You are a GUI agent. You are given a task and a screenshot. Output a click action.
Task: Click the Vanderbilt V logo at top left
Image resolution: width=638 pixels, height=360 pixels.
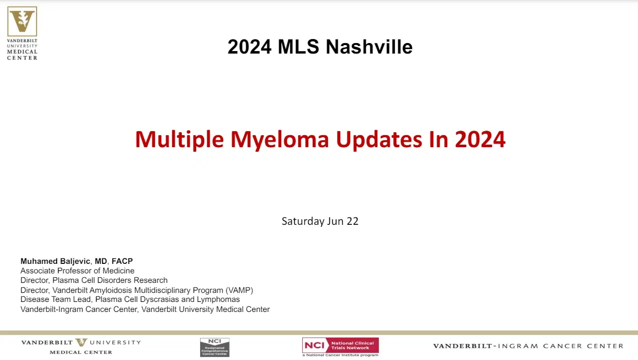pyautogui.click(x=22, y=21)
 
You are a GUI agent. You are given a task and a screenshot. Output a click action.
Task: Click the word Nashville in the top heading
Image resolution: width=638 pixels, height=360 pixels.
pyautogui.click(x=369, y=47)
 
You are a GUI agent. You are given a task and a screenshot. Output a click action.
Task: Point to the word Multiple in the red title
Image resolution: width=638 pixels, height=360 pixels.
pyautogui.click(x=180, y=140)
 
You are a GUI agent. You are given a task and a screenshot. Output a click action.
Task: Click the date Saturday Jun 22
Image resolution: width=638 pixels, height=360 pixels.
pyautogui.click(x=320, y=221)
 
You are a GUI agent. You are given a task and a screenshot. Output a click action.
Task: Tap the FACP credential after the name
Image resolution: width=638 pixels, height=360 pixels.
pyautogui.click(x=122, y=261)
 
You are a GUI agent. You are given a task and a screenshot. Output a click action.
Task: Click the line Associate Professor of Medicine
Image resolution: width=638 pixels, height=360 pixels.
pyautogui.click(x=78, y=271)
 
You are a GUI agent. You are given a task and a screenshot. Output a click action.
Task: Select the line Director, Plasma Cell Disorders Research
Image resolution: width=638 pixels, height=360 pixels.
pyautogui.click(x=94, y=280)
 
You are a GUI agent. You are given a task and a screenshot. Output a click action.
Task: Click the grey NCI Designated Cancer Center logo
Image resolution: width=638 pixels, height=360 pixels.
pyautogui.click(x=215, y=347)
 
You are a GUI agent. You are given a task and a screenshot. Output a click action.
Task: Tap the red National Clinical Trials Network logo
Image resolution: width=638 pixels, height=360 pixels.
pyautogui.click(x=340, y=345)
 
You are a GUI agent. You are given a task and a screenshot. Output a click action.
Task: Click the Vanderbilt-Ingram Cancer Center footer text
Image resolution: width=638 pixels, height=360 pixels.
pyautogui.click(x=528, y=346)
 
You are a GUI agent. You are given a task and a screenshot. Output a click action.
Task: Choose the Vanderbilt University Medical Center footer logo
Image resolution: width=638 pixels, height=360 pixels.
pyautogui.click(x=81, y=346)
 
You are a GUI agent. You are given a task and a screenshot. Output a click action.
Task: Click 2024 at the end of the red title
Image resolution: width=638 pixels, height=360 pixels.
pyautogui.click(x=480, y=140)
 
